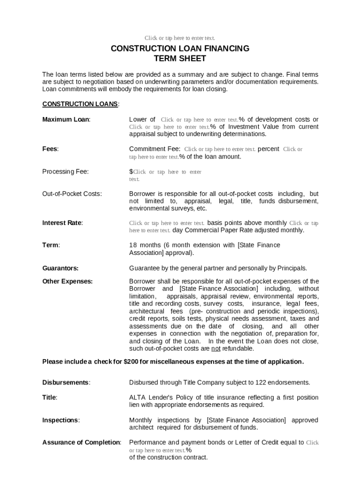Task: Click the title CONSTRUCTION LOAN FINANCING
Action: click(180, 49)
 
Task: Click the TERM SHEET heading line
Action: click(180, 59)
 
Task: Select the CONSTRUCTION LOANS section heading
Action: click(80, 104)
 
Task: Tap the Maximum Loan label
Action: click(66, 120)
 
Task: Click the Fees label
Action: click(50, 149)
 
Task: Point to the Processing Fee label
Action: click(65, 172)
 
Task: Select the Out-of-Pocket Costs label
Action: click(72, 194)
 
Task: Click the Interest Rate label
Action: click(62, 223)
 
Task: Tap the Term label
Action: click(51, 245)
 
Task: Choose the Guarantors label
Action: click(60, 269)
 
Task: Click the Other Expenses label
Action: click(67, 282)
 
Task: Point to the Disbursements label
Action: click(66, 383)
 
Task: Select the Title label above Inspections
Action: click(50, 398)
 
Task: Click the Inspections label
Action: click(61, 420)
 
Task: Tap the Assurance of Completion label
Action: click(81, 443)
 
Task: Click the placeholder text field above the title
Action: click(180, 38)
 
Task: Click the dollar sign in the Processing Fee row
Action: click(131, 172)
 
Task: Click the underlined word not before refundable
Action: click(216, 348)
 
